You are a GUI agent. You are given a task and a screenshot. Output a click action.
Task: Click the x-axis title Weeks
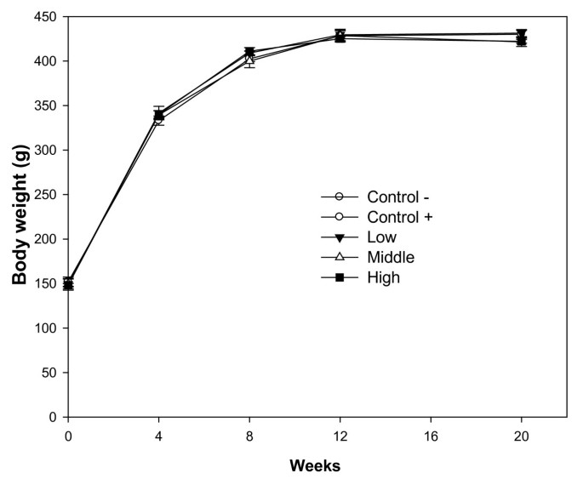pyautogui.click(x=314, y=465)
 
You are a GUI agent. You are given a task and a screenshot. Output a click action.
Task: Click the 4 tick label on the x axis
pyautogui.click(x=159, y=435)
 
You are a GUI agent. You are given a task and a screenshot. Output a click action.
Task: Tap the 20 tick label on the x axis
pyautogui.click(x=521, y=435)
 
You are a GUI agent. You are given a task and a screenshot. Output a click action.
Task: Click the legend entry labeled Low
pyautogui.click(x=382, y=237)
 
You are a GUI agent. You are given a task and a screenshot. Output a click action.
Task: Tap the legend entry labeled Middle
pyautogui.click(x=391, y=256)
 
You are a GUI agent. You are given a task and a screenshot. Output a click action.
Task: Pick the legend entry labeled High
pyautogui.click(x=383, y=277)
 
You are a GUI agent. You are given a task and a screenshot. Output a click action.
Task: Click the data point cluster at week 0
pyautogui.click(x=68, y=283)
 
